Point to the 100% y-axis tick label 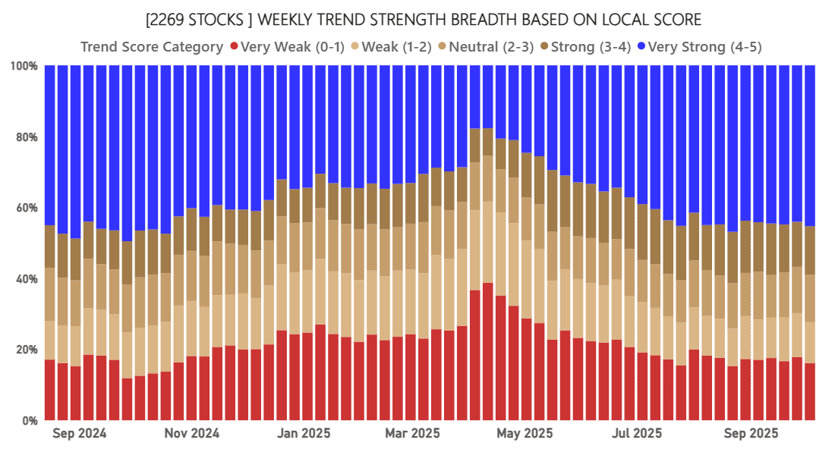coord(24,67)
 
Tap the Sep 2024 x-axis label coord(80,435)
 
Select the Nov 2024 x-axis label coord(192,435)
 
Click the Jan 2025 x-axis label coord(304,435)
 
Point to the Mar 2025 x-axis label coord(412,435)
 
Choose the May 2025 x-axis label coord(525,435)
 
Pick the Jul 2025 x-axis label coord(636,435)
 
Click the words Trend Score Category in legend coord(152,47)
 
